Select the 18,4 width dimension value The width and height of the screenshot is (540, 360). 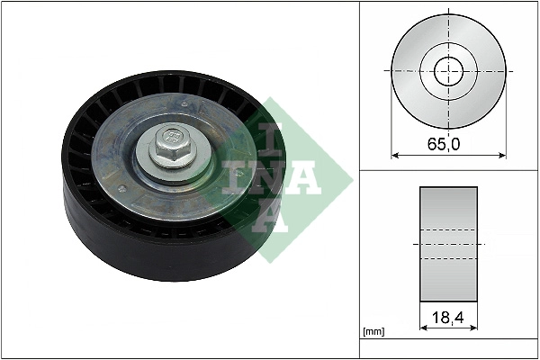click(x=447, y=318)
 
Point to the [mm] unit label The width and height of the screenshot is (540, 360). click(x=373, y=332)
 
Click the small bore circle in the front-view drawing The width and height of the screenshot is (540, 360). click(x=448, y=71)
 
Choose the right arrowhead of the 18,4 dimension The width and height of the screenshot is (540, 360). click(x=473, y=329)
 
